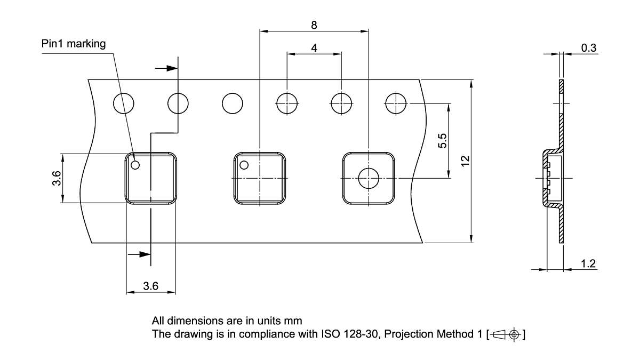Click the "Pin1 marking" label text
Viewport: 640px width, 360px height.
click(x=74, y=44)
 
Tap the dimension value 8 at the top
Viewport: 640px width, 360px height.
click(x=314, y=25)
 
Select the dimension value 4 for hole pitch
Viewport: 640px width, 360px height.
click(x=314, y=48)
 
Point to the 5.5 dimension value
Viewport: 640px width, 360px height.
click(x=442, y=141)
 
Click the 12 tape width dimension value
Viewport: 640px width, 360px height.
click(x=465, y=161)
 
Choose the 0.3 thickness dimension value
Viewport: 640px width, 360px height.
click(x=589, y=47)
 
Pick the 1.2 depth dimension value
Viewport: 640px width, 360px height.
click(x=588, y=263)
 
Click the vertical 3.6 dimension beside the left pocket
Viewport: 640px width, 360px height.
click(x=57, y=178)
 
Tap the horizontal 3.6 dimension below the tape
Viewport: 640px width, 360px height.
click(x=150, y=286)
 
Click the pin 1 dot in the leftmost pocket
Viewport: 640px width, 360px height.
click(x=135, y=165)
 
